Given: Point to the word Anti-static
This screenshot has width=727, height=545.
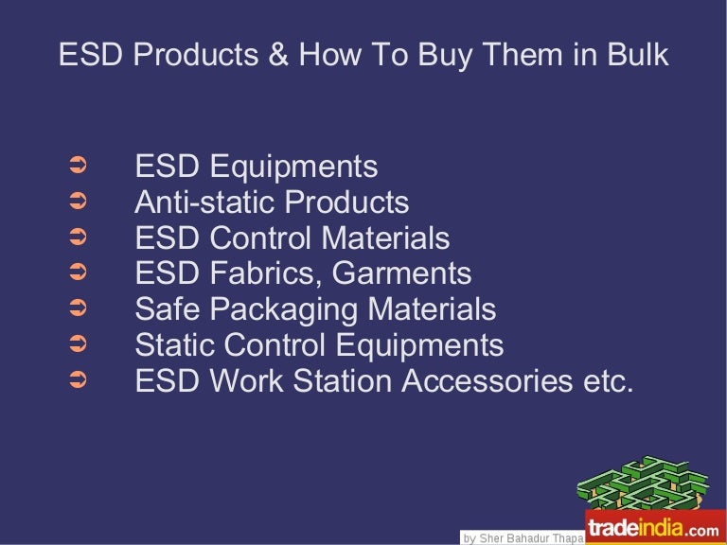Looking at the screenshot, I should [x=205, y=202].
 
